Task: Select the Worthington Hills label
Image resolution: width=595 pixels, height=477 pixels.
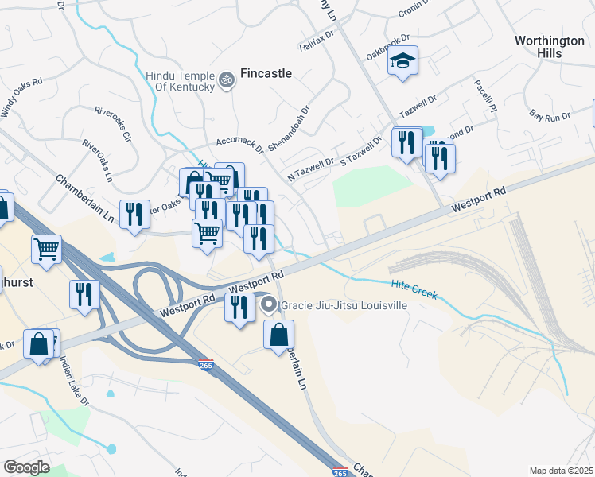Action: click(x=550, y=46)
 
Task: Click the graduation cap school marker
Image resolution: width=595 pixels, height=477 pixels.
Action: click(x=403, y=61)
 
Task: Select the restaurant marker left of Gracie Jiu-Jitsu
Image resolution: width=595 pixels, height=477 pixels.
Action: click(x=239, y=308)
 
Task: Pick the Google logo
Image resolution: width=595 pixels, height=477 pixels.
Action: click(x=26, y=467)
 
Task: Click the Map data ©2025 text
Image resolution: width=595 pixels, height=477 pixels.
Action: click(x=562, y=471)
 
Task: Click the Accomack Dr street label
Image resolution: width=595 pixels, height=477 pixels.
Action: click(x=239, y=143)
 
